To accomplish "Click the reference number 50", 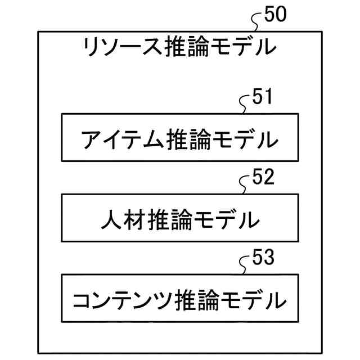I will click(275, 15).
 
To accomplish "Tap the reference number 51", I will click(262, 97).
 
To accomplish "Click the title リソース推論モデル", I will click(179, 47).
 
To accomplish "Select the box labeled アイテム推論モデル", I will click(179, 137).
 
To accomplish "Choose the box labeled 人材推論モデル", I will click(179, 218).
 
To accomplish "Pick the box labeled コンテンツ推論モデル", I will click(179, 298).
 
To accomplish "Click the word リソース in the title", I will click(122, 47).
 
